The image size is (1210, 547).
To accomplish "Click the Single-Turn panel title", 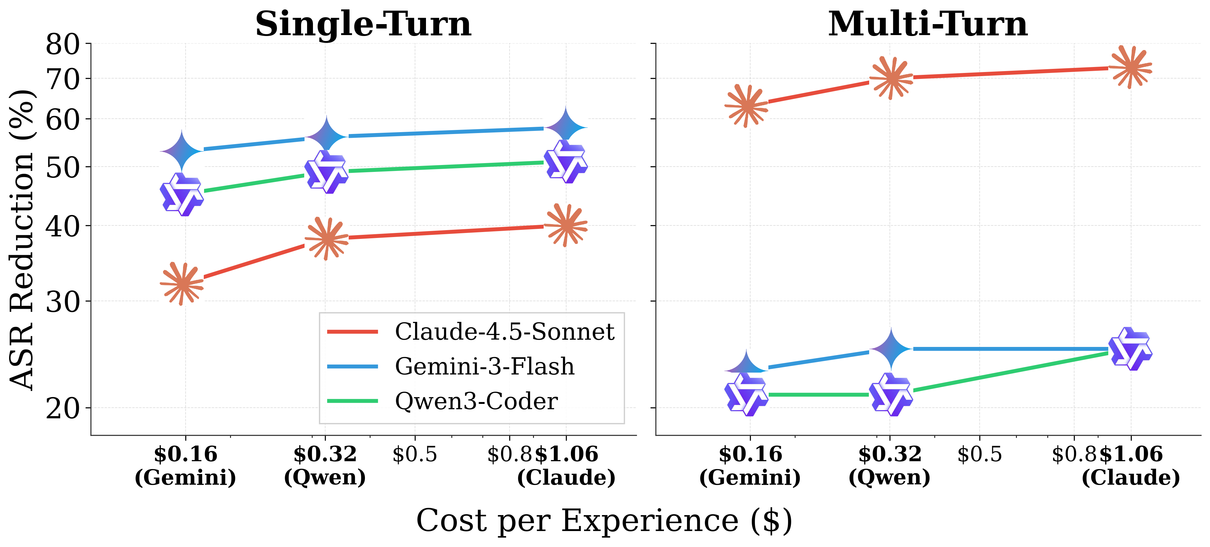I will tap(363, 24).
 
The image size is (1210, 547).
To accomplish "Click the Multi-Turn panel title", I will tap(928, 24).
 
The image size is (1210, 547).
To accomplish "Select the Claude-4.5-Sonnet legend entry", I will tap(504, 332).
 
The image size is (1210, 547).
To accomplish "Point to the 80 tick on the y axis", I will tap(63, 45).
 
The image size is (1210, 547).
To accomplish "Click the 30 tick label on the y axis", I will tap(63, 302).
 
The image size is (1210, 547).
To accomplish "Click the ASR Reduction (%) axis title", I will tap(23, 240).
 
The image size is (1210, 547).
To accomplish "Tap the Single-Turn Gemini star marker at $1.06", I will tap(566, 127).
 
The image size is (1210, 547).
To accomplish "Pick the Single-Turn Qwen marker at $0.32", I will tap(326, 172).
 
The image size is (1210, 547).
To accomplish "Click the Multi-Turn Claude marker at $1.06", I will tap(1130, 68).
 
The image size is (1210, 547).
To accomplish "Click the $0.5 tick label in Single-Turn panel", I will tap(414, 454).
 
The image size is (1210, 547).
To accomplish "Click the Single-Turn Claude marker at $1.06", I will tap(566, 225).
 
